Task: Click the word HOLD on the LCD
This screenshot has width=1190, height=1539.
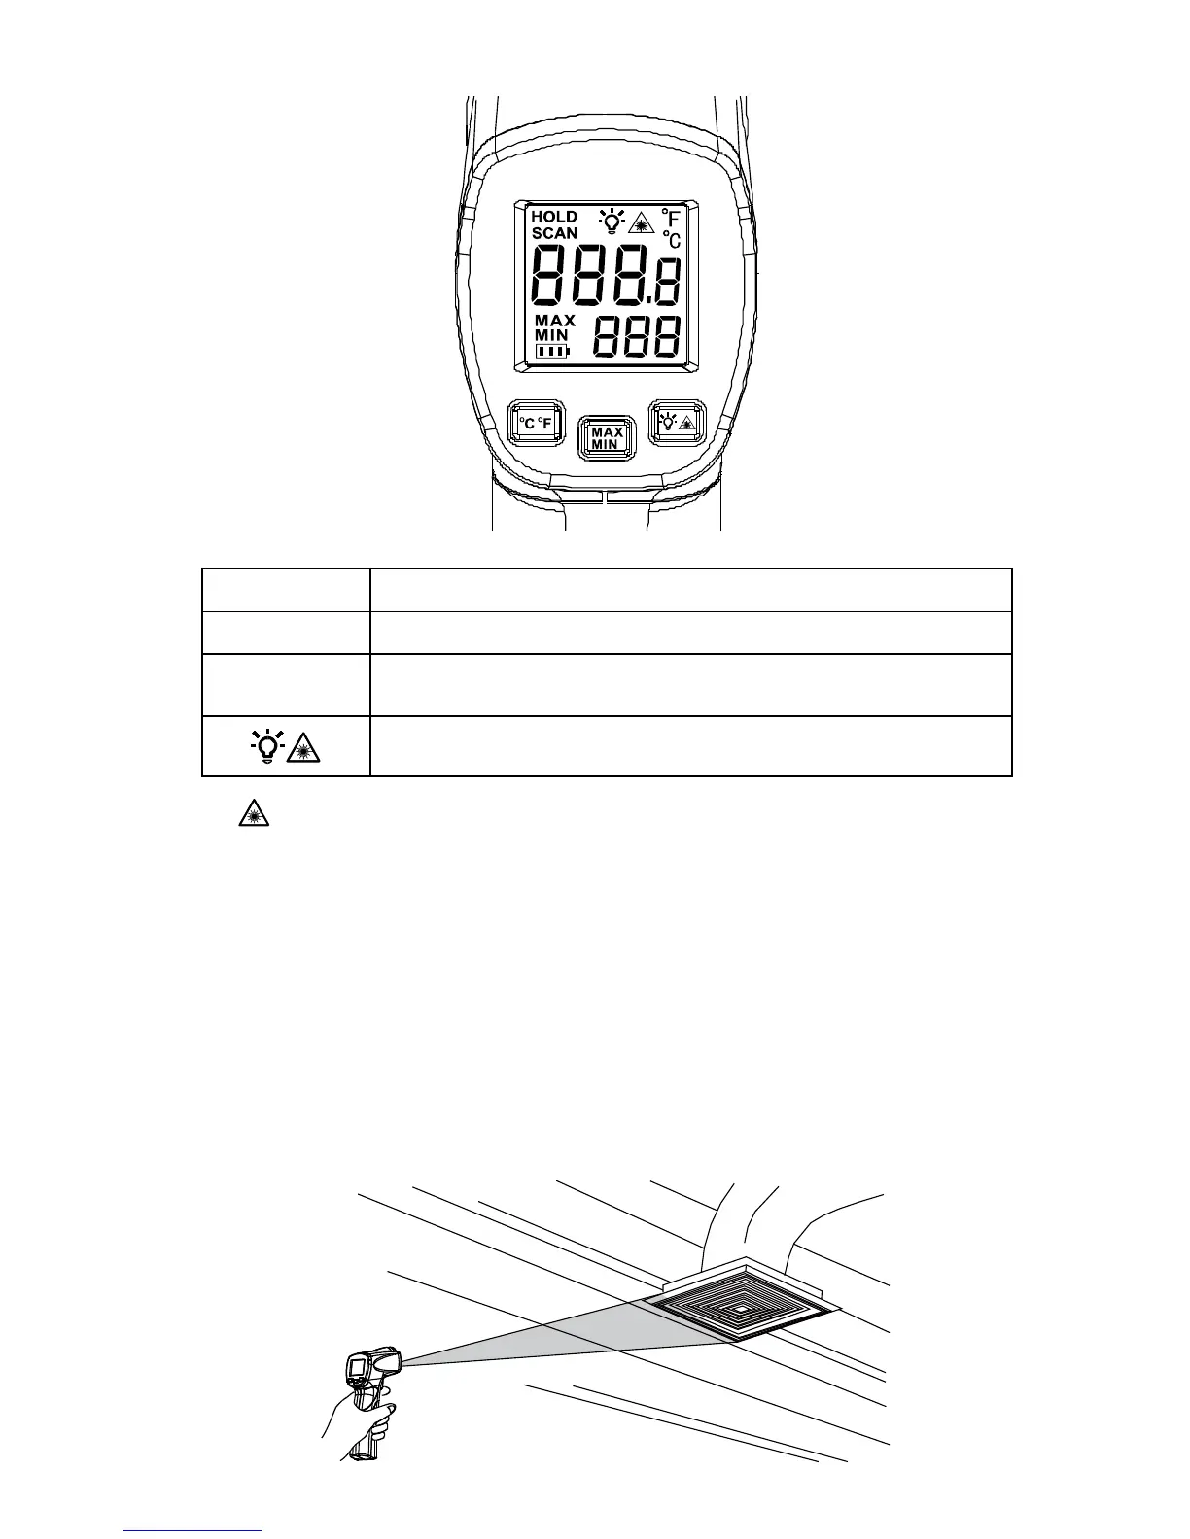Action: coord(554,217)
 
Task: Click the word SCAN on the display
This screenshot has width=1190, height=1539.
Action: coord(554,233)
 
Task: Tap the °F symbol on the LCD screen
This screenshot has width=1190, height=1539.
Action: coord(670,218)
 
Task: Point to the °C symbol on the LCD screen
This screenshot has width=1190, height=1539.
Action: coord(671,239)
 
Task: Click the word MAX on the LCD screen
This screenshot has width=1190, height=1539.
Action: coord(555,320)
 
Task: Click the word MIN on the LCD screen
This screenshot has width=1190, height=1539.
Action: coord(550,335)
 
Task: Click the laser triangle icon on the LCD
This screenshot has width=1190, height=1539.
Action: coord(640,224)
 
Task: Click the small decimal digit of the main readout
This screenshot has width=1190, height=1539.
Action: coord(670,282)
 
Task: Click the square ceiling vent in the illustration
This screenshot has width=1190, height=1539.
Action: coord(741,1309)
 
